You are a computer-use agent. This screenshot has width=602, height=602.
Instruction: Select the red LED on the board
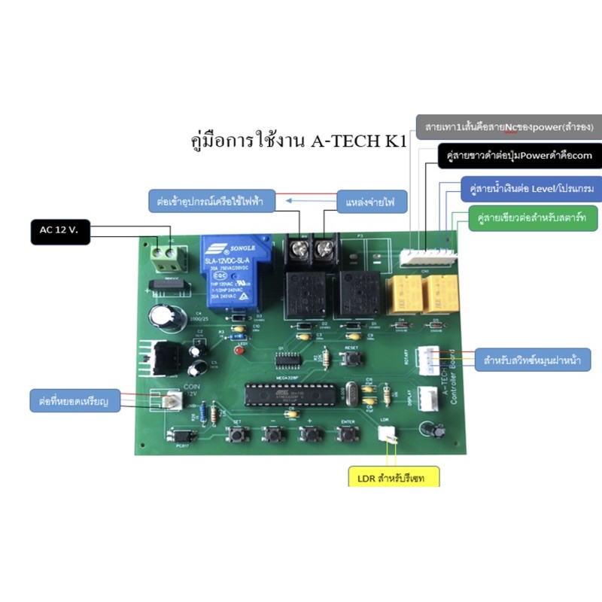[239, 351]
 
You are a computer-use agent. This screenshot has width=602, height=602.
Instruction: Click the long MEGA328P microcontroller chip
[287, 394]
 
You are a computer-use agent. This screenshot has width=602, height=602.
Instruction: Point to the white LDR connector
[386, 434]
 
